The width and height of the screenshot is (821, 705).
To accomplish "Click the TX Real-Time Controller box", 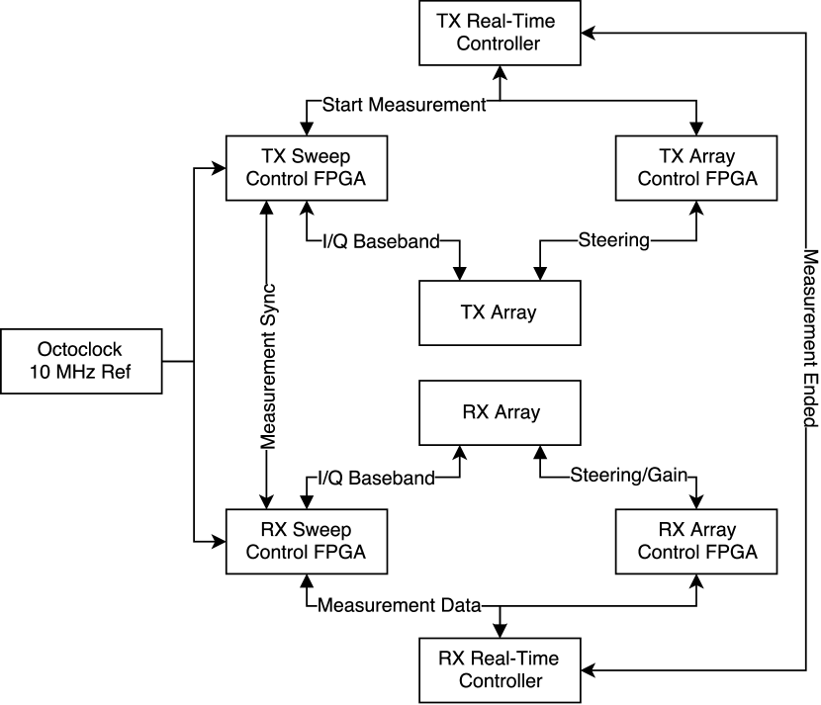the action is (x=500, y=33).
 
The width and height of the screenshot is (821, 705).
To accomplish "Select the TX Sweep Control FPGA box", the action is (x=307, y=168).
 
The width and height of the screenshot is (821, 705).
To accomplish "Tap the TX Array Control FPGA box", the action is (x=695, y=168).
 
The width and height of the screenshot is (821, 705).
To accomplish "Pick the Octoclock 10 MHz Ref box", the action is (x=81, y=361).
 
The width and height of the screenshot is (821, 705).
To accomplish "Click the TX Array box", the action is (x=500, y=313).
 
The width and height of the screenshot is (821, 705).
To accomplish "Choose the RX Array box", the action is (x=500, y=413).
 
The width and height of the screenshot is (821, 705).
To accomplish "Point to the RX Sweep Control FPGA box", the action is (x=307, y=541).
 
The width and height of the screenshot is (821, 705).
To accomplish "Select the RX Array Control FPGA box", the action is (x=695, y=541).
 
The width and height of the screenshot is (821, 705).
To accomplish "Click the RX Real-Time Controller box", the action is (x=500, y=670).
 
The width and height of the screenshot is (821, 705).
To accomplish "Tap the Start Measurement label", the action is (x=404, y=105).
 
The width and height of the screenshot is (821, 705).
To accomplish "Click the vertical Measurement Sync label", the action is (x=267, y=367).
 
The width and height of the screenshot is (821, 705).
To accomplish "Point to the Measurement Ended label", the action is (x=810, y=338).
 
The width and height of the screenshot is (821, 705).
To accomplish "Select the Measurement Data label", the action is (x=399, y=605).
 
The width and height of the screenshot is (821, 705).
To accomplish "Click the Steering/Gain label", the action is (x=628, y=476).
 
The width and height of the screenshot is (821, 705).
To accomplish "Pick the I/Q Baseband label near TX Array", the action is (x=381, y=241).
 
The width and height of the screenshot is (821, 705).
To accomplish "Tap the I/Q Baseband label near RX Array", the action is (x=376, y=478).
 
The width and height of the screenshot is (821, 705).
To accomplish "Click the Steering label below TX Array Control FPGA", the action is (x=613, y=240).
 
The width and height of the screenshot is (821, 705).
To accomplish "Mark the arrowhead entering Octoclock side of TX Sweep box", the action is (x=219, y=168).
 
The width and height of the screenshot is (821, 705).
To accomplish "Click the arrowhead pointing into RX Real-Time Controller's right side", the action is (x=588, y=670).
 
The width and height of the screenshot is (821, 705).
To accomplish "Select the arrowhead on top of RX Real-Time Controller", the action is (x=500, y=631).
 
